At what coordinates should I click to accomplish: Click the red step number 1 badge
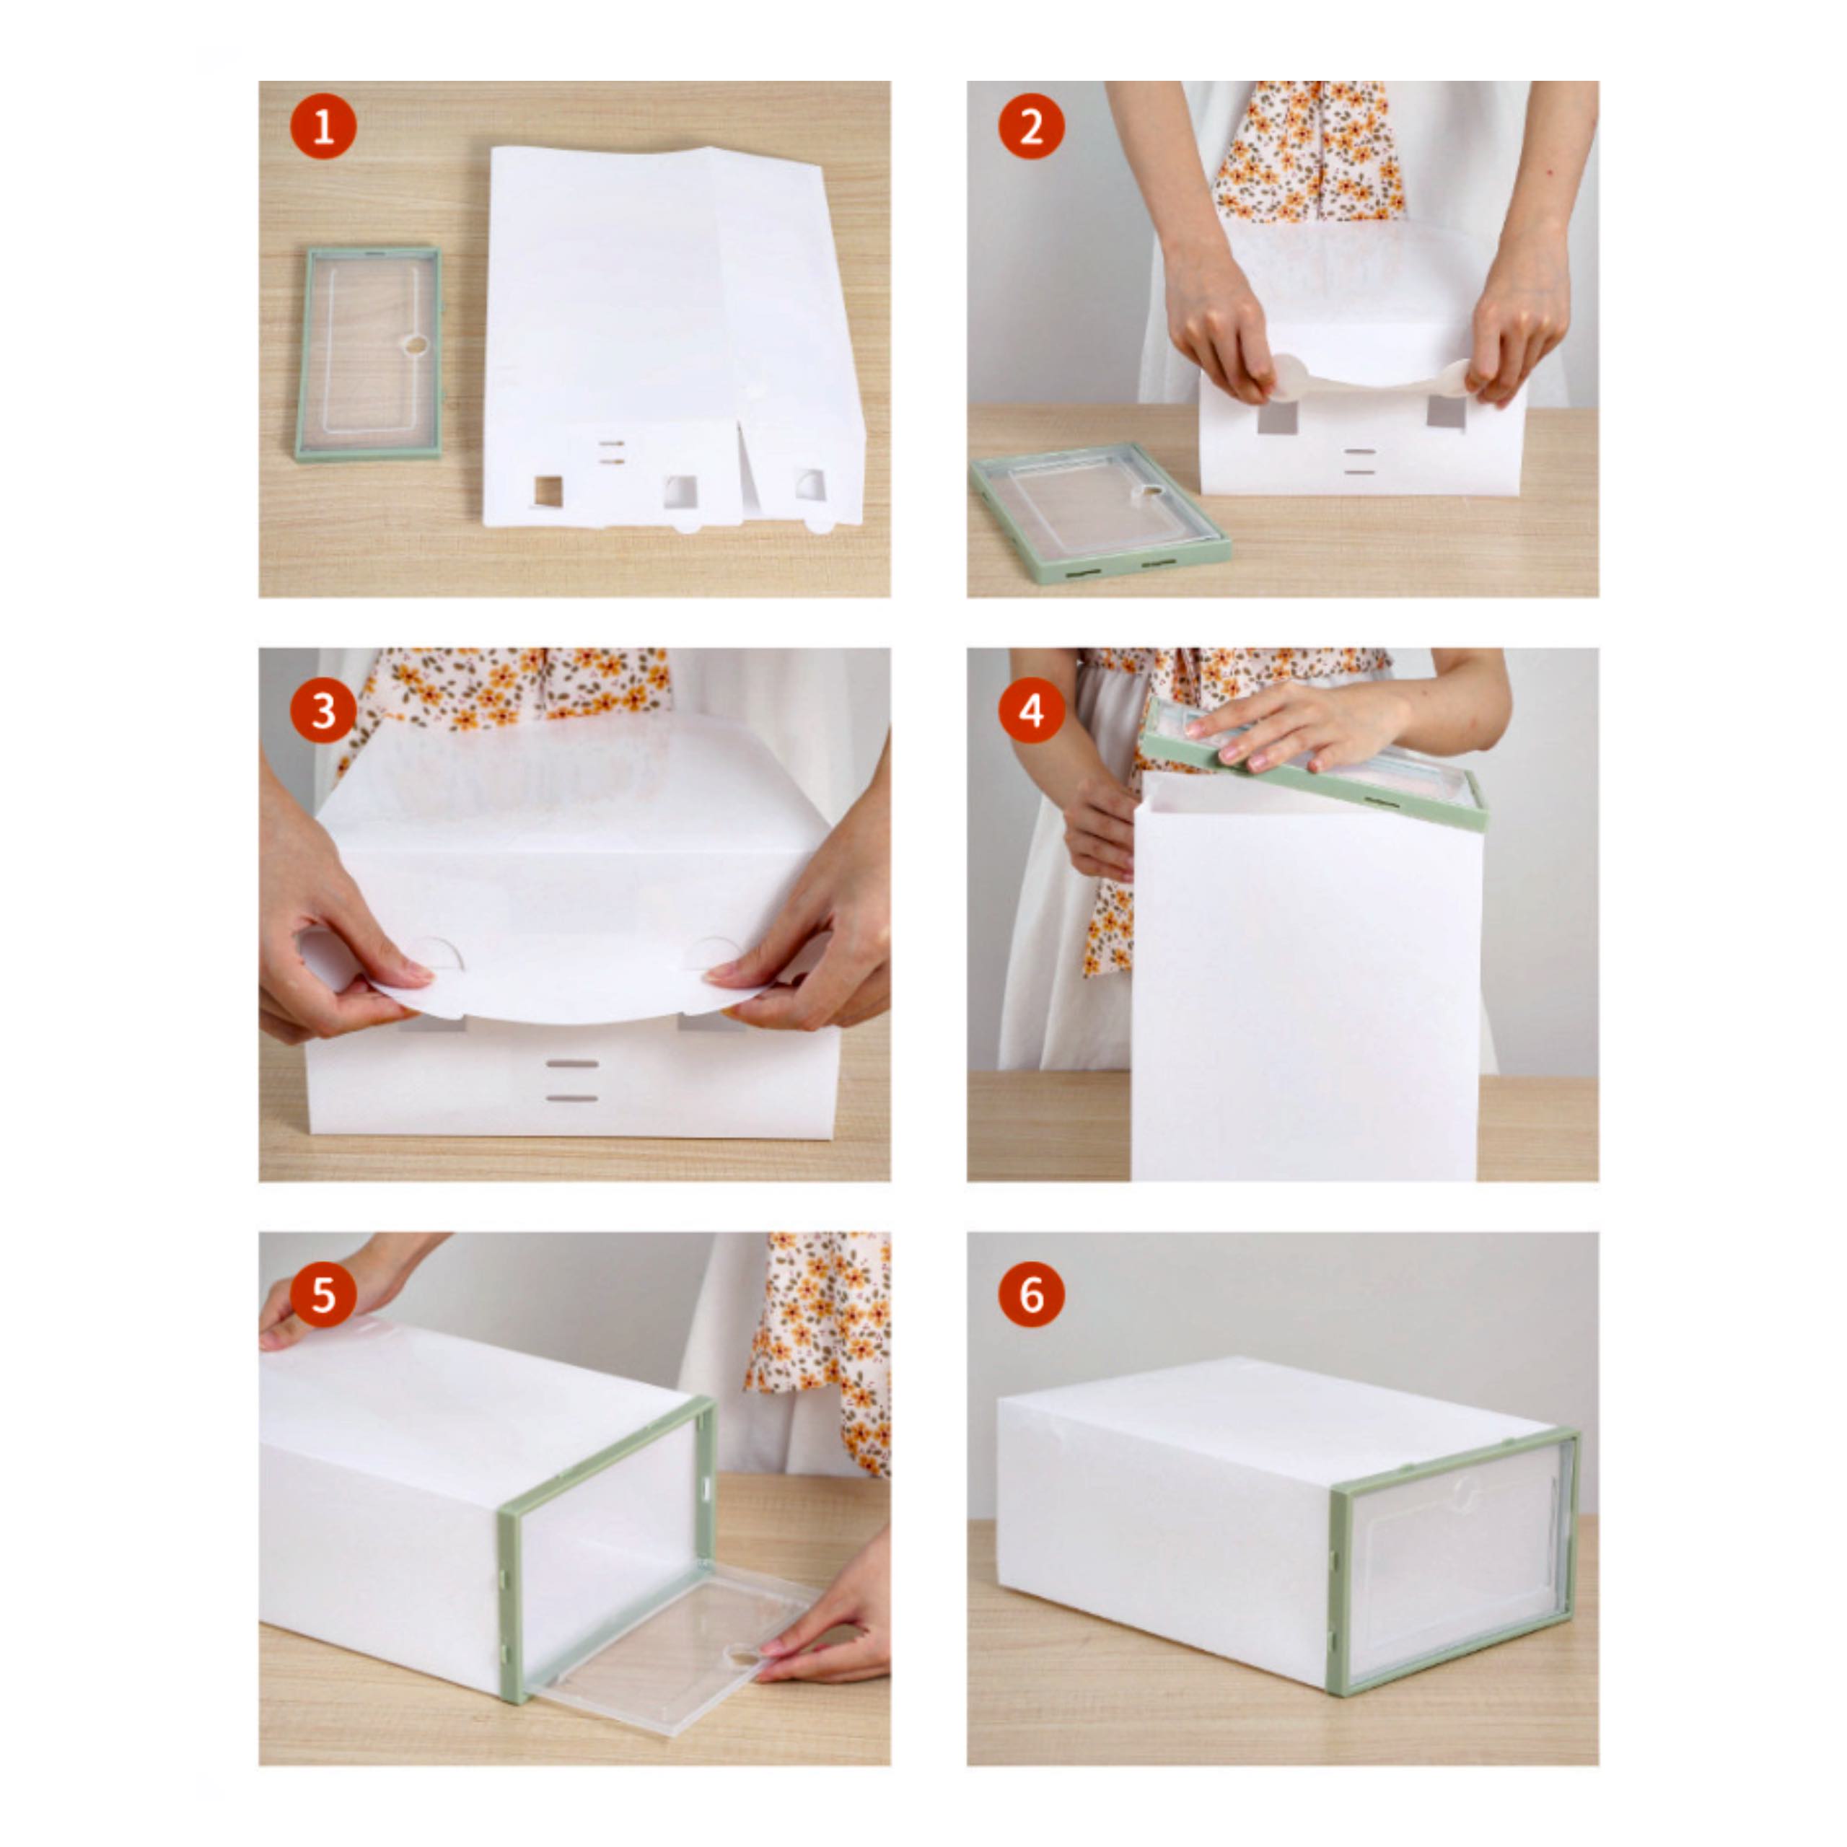coord(323,126)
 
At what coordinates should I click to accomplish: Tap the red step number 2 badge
coord(1032,126)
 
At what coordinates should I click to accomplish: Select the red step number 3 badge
coord(323,711)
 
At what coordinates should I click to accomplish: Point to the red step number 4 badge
coord(1032,711)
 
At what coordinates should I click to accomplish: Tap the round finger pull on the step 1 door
coord(416,345)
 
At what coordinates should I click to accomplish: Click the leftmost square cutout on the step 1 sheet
coord(548,491)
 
